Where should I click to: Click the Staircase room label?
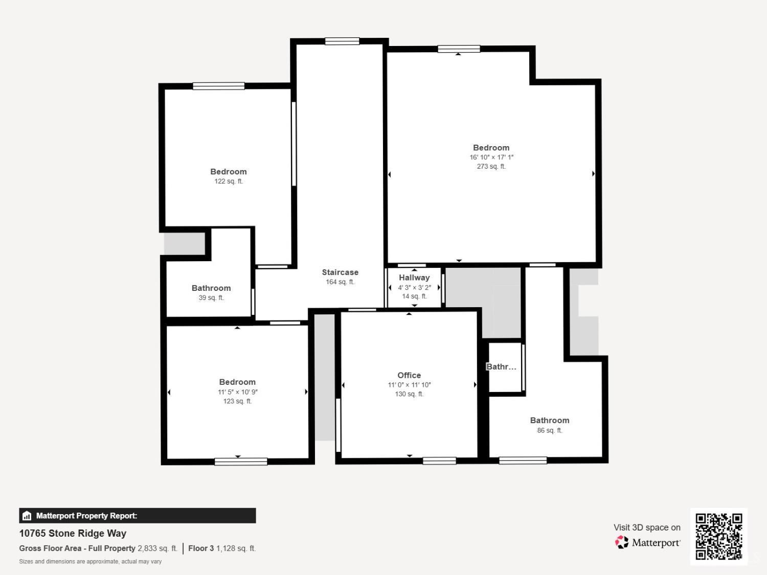pyautogui.click(x=340, y=272)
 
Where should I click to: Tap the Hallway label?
pyautogui.click(x=414, y=278)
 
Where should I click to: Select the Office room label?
pyautogui.click(x=409, y=375)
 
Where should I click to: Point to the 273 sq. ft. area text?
pyautogui.click(x=491, y=167)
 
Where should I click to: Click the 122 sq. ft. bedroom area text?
pyautogui.click(x=229, y=181)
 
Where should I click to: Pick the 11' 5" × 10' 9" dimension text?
pyautogui.click(x=238, y=392)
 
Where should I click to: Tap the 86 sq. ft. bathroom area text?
pyautogui.click(x=550, y=430)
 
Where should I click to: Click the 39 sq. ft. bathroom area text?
pyautogui.click(x=211, y=298)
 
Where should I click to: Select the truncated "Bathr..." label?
pyautogui.click(x=501, y=367)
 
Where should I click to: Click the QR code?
pyautogui.click(x=719, y=536)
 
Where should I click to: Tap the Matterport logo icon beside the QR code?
pyautogui.click(x=622, y=542)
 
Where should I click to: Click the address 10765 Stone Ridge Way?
pyautogui.click(x=73, y=534)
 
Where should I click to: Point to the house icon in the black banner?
pyautogui.click(x=27, y=516)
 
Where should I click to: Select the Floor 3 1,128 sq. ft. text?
pyautogui.click(x=222, y=548)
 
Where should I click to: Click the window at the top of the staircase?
pyautogui.click(x=342, y=41)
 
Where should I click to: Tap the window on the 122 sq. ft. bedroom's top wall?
pyautogui.click(x=219, y=86)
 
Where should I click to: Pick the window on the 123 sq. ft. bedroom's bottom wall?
pyautogui.click(x=241, y=462)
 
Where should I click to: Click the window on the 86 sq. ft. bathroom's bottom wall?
pyautogui.click(x=523, y=461)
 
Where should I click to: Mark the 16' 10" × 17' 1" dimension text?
pyautogui.click(x=491, y=157)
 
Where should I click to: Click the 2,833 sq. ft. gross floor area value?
pyautogui.click(x=157, y=548)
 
